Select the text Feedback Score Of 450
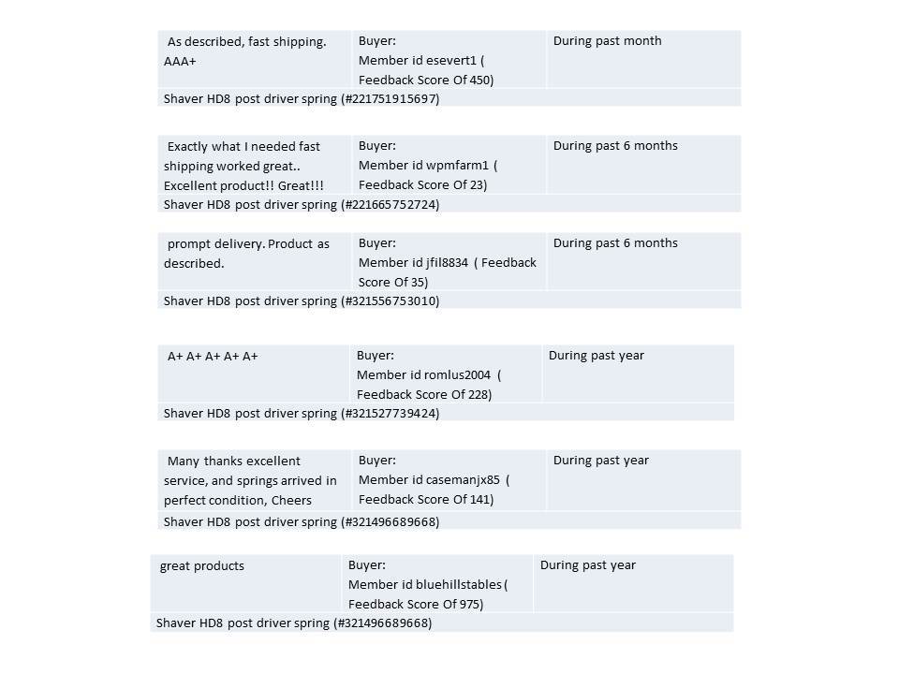tap(426, 81)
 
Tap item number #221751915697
tap(390, 98)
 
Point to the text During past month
tap(607, 41)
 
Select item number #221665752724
tap(390, 204)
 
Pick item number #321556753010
tap(390, 301)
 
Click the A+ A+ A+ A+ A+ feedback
tap(213, 357)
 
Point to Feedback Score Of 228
tap(423, 395)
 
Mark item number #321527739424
tap(390, 414)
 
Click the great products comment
tap(202, 566)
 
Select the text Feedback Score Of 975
tap(416, 605)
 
